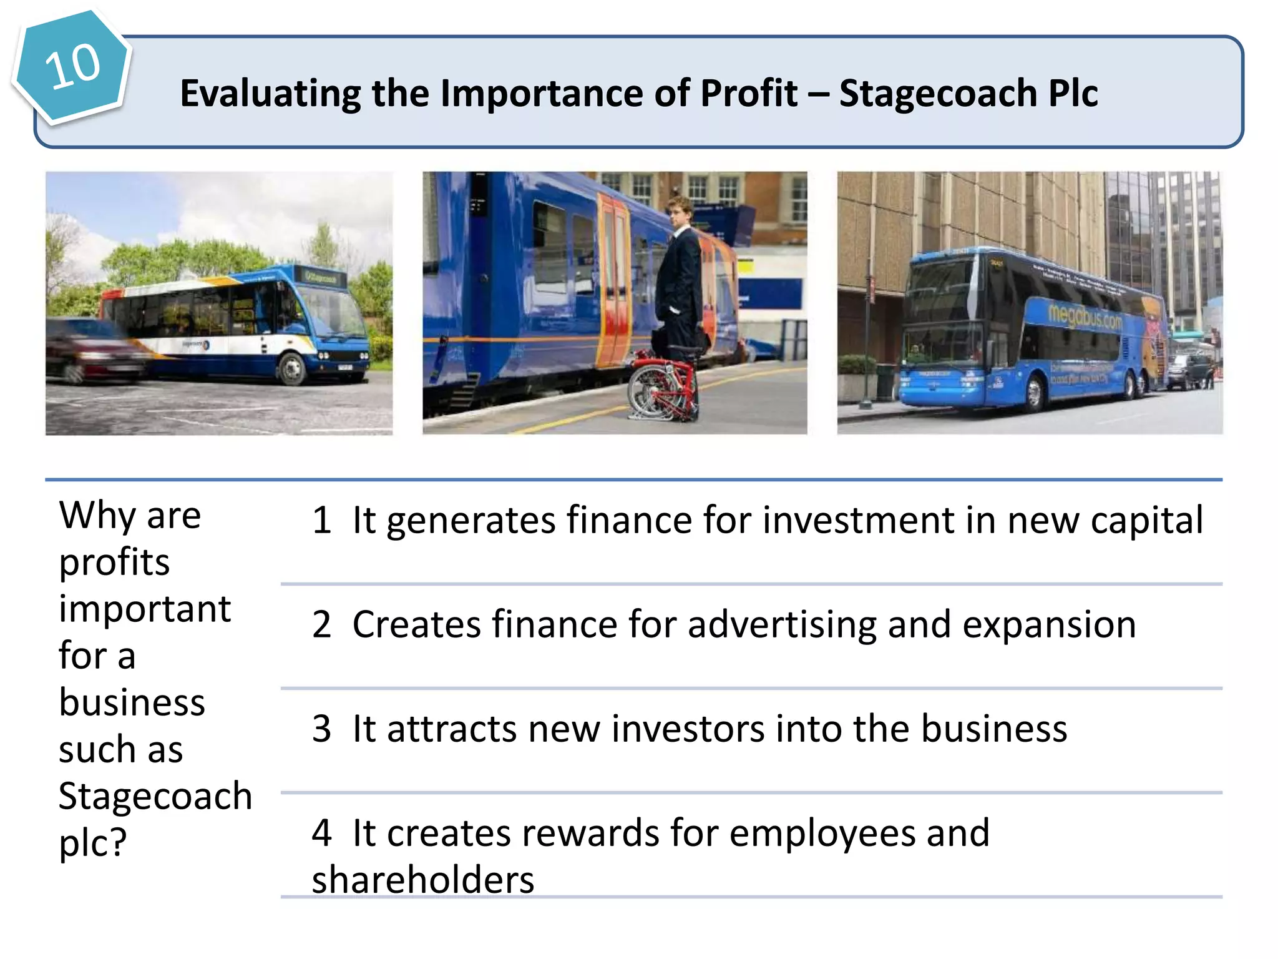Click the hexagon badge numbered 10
[72, 66]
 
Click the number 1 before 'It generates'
[321, 520]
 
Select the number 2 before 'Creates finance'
[321, 624]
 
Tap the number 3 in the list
[321, 729]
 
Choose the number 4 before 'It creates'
[321, 833]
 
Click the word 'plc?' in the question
[92, 843]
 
